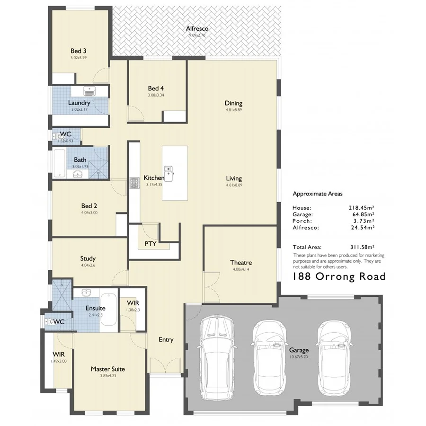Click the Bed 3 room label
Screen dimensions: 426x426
[78, 51]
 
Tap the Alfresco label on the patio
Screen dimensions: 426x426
[197, 29]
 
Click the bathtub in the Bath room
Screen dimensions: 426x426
[59, 163]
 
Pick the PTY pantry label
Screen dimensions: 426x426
[150, 244]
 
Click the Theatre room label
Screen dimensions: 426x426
[240, 262]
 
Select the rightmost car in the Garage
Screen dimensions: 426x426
[335, 357]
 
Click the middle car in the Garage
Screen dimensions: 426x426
[270, 357]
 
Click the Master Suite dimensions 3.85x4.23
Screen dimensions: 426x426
[108, 376]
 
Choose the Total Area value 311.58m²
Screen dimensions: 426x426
[360, 247]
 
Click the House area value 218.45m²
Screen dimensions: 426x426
[361, 207]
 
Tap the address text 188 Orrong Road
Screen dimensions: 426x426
[339, 276]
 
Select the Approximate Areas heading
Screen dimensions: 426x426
[317, 194]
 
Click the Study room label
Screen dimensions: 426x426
[88, 258]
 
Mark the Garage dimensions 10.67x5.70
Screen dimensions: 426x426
[299, 357]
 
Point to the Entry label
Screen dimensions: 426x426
[166, 339]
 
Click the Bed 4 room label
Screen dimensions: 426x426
[156, 88]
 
